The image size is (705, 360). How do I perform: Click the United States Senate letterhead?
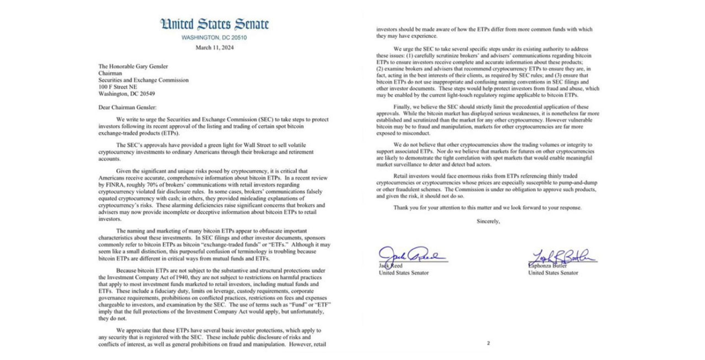(x=214, y=24)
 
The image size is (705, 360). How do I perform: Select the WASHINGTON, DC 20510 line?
(x=214, y=37)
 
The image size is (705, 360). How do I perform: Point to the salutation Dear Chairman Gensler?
(x=127, y=107)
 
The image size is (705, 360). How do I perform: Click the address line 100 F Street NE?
(x=117, y=87)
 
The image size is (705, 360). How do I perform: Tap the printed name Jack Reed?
(x=391, y=265)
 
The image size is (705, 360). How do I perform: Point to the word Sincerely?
(x=489, y=221)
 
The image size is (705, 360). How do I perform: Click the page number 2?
(x=488, y=343)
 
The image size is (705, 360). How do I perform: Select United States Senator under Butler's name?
(x=553, y=272)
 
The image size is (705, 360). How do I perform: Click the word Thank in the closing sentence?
(x=401, y=208)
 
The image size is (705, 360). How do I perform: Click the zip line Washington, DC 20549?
(x=126, y=94)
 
